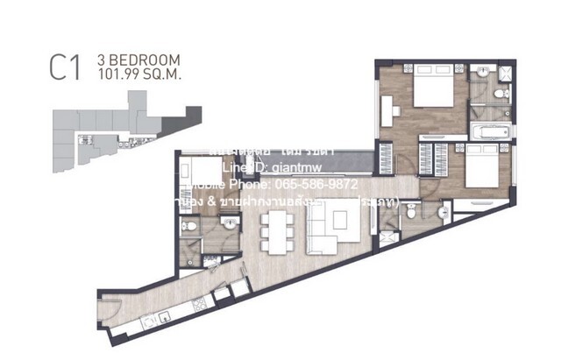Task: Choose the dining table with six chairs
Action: (x=277, y=227)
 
